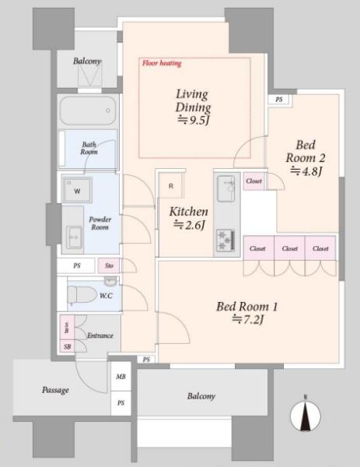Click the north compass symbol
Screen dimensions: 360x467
[306, 415]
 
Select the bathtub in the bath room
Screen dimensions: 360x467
[87, 111]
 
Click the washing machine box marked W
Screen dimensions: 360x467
[77, 190]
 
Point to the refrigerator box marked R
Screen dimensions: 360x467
[171, 186]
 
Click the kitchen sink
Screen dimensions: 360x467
[225, 189]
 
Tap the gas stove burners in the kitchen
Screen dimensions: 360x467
[225, 240]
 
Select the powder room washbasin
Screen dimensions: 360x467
[74, 237]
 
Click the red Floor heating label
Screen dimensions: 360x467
[162, 63]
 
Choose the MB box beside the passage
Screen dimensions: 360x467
[121, 377]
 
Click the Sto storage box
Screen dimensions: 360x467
[109, 265]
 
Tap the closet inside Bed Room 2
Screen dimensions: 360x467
[253, 181]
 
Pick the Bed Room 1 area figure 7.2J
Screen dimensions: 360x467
[247, 320]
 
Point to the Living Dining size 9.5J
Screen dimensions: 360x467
[194, 121]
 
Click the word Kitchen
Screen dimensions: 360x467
[189, 212]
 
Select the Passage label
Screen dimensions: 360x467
[55, 390]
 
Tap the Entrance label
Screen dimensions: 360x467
[100, 335]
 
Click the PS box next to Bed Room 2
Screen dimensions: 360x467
[278, 100]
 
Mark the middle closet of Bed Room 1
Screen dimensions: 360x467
[289, 248]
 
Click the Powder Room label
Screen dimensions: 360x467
[100, 223]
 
